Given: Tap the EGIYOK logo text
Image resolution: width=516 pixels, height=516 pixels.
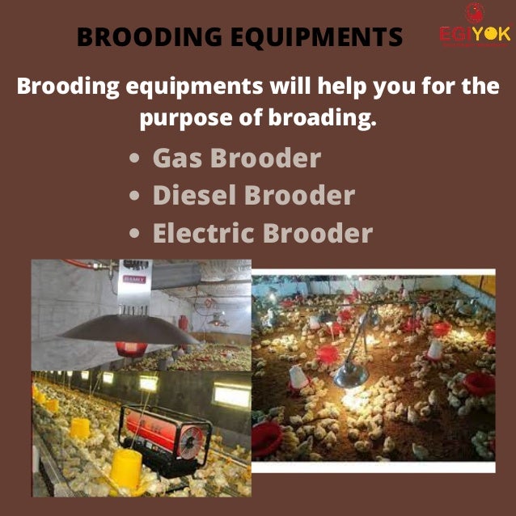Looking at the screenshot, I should tap(474, 36).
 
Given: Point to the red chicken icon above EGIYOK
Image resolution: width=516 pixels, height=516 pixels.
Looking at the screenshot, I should tap(474, 12).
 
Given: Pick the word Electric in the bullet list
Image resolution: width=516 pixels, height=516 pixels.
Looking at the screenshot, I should tap(204, 233).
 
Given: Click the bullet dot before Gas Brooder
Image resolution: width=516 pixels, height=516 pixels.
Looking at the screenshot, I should tap(135, 159).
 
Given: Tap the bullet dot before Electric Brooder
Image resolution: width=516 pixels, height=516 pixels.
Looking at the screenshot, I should tap(135, 235).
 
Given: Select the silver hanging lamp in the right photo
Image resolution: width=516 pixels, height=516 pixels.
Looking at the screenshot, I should tap(350, 373).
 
